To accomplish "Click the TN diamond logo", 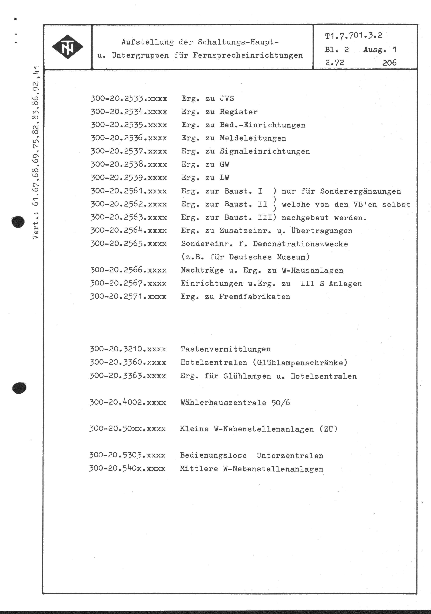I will point(67,47).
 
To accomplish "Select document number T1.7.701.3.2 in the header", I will point(353,36).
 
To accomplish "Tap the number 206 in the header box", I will point(389,63).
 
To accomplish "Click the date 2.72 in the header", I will point(334,63).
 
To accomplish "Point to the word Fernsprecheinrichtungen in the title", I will point(248,56).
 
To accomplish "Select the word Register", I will point(239,112).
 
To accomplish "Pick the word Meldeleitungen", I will point(253,138).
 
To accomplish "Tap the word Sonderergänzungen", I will point(360,191).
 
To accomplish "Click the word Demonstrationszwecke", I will point(300,244).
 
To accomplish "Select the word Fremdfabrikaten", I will point(254,297).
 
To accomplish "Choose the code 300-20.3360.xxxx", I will point(128,363).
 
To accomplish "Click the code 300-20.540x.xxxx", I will point(127,469).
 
